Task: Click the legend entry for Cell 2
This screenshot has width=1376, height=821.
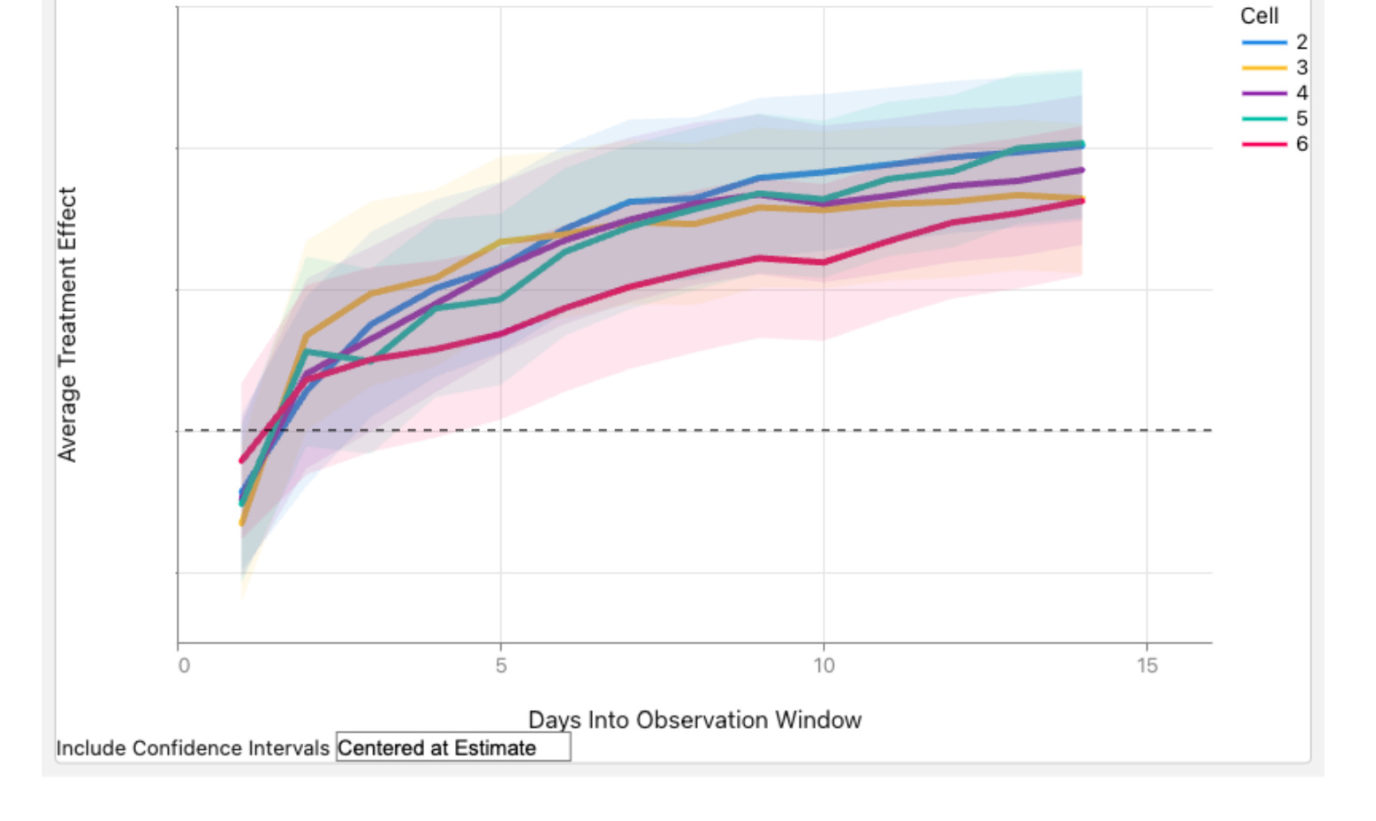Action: (1275, 43)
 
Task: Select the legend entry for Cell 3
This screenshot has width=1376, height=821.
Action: (1275, 68)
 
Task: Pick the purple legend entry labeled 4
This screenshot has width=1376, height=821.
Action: (1275, 93)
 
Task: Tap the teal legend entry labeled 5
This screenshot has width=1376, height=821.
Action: (1275, 118)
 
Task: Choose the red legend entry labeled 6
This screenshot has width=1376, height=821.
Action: (1275, 144)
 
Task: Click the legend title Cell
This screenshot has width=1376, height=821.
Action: (1260, 16)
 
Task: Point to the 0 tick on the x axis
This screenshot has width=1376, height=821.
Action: (184, 666)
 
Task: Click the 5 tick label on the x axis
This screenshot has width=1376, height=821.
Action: (500, 666)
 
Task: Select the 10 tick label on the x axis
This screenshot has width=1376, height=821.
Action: (824, 666)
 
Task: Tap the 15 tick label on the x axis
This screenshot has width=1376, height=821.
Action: (1147, 666)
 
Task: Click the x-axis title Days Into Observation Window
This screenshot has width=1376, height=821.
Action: (695, 720)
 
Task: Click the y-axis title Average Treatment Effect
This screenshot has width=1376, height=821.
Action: (67, 324)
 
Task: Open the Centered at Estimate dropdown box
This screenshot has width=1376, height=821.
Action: (453, 747)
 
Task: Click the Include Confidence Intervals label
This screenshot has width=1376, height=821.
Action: (193, 748)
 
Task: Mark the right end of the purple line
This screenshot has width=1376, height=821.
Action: (1082, 170)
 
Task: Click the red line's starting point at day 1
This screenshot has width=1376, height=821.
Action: (242, 460)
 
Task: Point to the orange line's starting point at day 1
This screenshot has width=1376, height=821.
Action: (242, 523)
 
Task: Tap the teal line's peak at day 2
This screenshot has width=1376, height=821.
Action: (306, 351)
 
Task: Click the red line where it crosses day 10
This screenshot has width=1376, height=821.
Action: (824, 263)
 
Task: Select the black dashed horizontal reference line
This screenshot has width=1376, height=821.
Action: (698, 430)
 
